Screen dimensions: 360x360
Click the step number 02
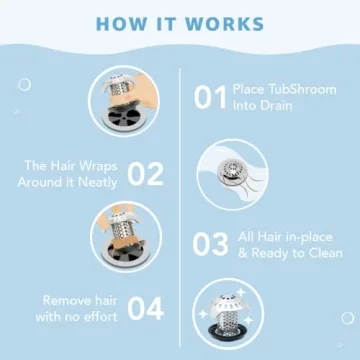tap(145, 174)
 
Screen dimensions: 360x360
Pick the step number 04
tap(145, 309)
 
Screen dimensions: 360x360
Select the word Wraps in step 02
tap(100, 165)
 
